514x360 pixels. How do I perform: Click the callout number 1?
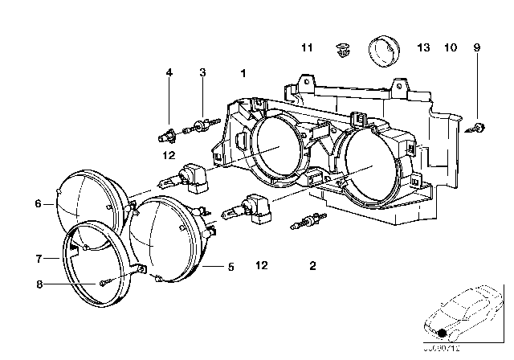tap(242, 73)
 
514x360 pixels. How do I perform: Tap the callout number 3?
tap(203, 73)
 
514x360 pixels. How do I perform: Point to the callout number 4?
tap(169, 73)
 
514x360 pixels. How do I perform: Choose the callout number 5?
tap(230, 267)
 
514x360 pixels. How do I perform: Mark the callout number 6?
tap(38, 204)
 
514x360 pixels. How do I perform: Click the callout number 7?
tap(38, 259)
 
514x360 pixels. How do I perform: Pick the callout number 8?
tap(38, 282)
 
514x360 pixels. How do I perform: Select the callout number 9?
tap(476, 48)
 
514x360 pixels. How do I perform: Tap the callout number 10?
tap(450, 48)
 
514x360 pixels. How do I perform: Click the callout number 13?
tap(424, 48)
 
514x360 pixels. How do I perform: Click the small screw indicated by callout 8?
tap(104, 282)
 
